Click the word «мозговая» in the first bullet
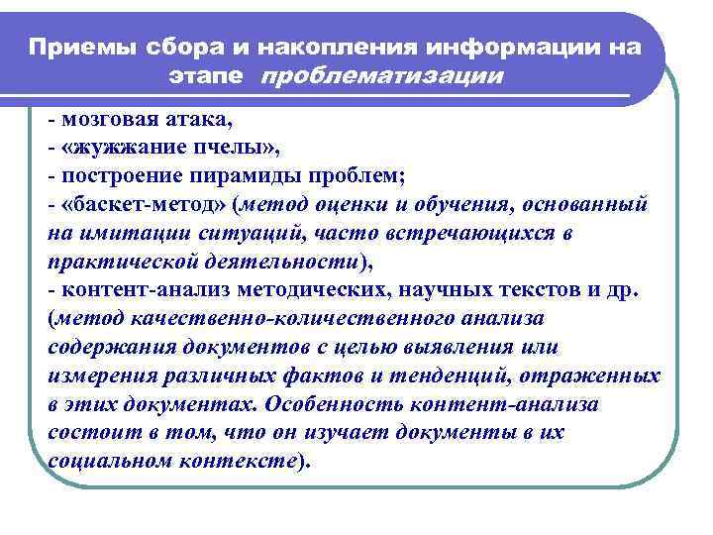pyautogui.click(x=103, y=121)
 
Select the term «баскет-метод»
pyautogui.click(x=134, y=205)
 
